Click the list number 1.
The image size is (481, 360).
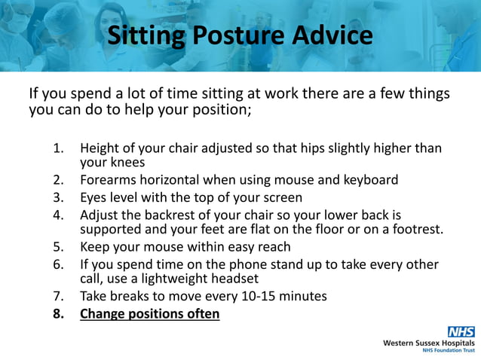pos(58,149)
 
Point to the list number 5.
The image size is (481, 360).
pos(58,247)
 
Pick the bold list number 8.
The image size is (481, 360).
pos(58,313)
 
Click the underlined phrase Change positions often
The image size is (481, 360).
pos(150,313)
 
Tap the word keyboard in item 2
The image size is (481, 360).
pos(369,181)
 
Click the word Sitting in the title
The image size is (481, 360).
pos(144,35)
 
